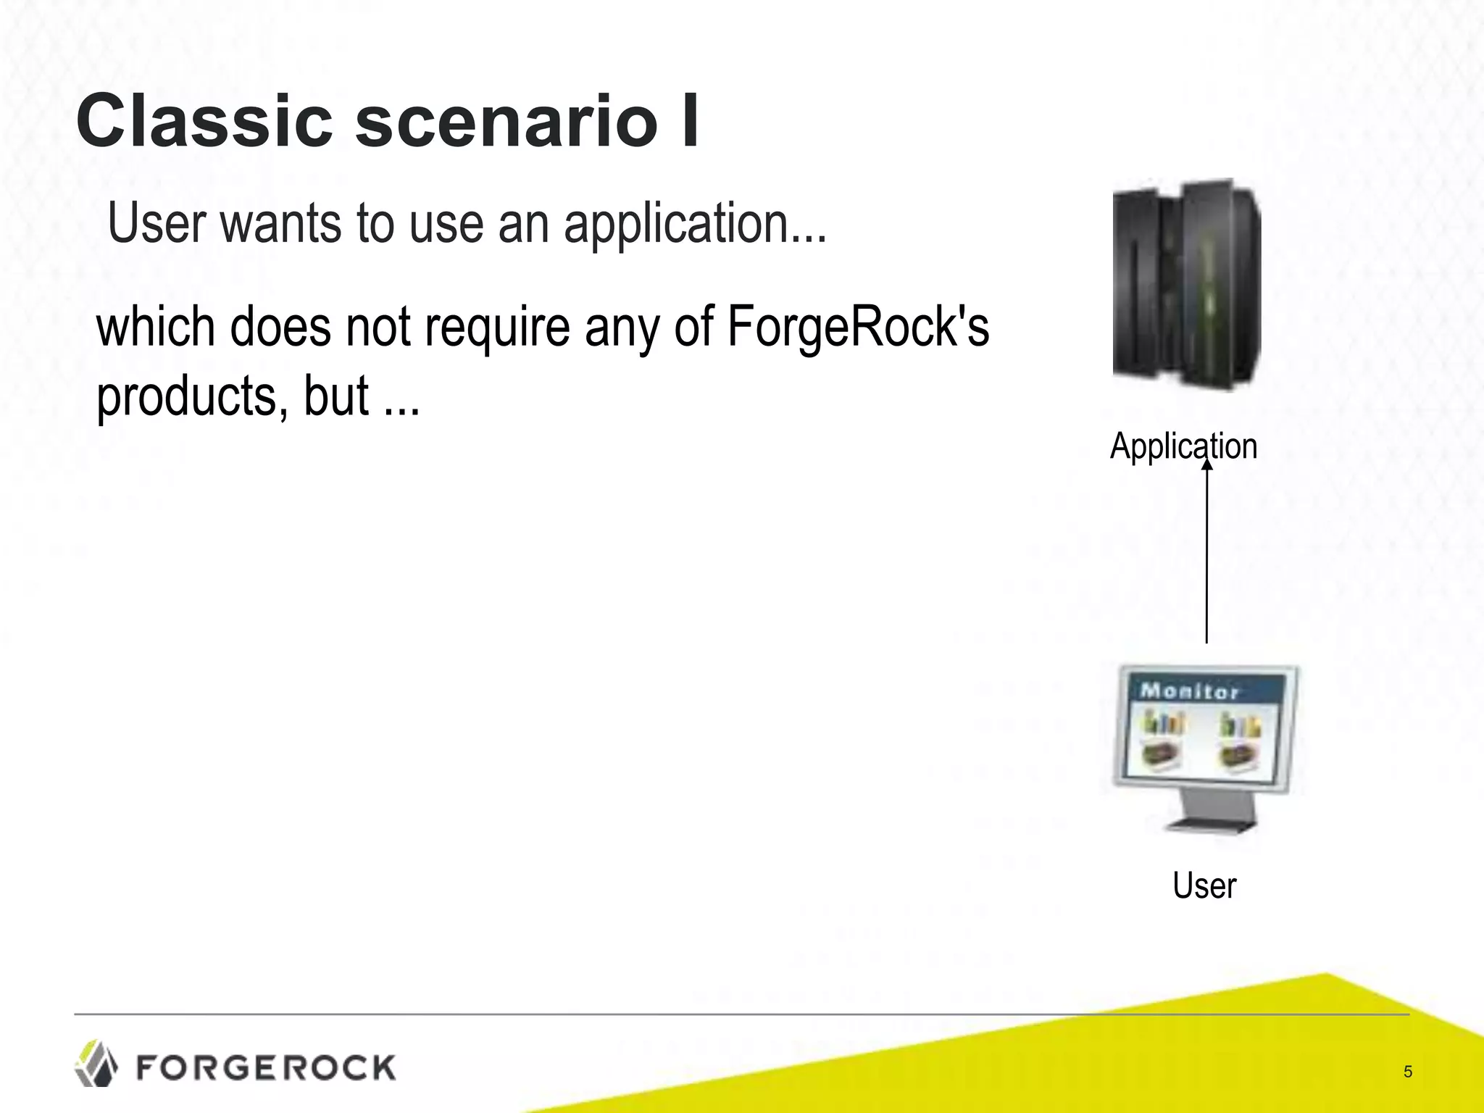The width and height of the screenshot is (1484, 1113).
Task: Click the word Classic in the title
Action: (x=204, y=121)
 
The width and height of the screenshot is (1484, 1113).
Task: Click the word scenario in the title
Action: (x=505, y=121)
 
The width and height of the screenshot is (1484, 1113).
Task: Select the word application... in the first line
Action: (x=695, y=225)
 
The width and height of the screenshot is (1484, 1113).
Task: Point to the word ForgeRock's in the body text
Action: (x=857, y=328)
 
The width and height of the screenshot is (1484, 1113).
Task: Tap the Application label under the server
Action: (x=1183, y=446)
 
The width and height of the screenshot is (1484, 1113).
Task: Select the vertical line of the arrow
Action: (x=1207, y=558)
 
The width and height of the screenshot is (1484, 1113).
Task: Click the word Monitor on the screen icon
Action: (x=1188, y=691)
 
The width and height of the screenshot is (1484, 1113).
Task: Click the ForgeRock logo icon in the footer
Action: (x=96, y=1064)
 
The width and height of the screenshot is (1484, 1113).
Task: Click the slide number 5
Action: (x=1408, y=1072)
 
